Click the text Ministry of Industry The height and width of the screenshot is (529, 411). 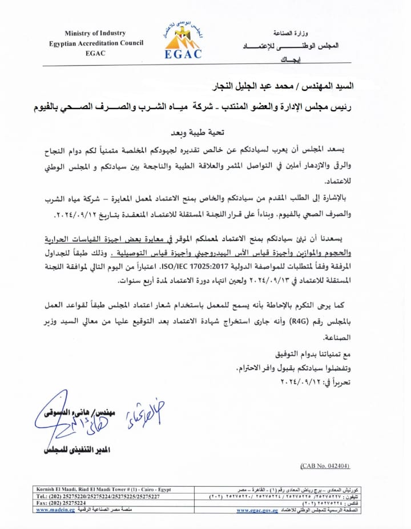tap(95, 34)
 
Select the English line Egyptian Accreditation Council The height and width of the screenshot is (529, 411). tap(96, 43)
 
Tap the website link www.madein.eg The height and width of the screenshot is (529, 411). tap(55, 510)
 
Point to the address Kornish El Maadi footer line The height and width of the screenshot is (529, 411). tap(103, 490)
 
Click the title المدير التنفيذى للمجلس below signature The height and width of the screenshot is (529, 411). tap(77, 450)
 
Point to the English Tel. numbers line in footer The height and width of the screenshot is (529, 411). tap(98, 496)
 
